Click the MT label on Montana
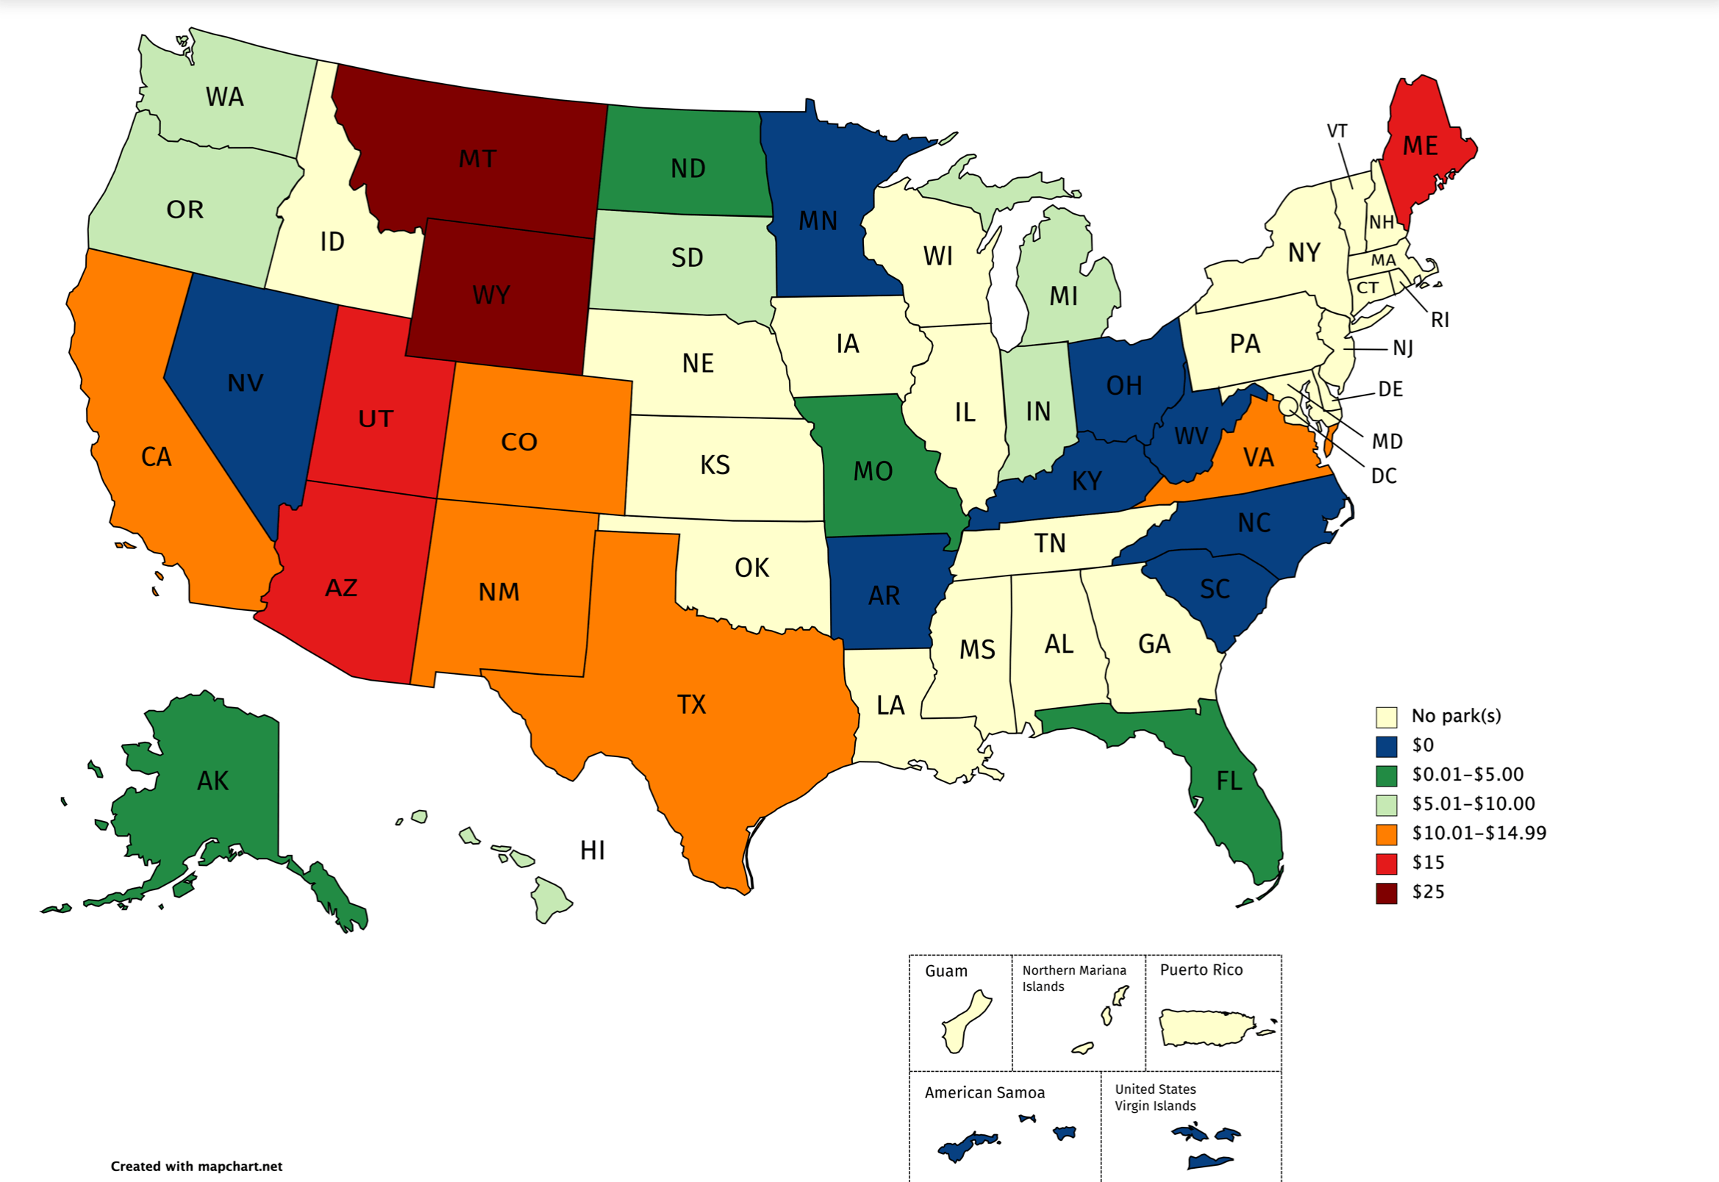click(x=478, y=159)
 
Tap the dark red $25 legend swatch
click(x=1386, y=893)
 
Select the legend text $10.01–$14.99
click(x=1479, y=833)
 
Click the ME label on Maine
click(x=1420, y=146)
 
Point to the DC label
click(x=1384, y=476)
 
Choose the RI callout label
click(x=1439, y=320)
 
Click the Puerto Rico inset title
click(x=1201, y=970)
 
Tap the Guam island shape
click(x=963, y=1022)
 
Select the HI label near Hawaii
click(x=592, y=850)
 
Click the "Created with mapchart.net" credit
click(x=196, y=1167)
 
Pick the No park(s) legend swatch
click(x=1386, y=717)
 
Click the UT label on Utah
click(x=376, y=419)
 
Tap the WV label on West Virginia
click(x=1191, y=436)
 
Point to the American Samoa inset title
click(x=984, y=1093)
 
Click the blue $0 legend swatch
click(x=1386, y=746)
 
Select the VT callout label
click(x=1336, y=131)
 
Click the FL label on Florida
click(x=1229, y=781)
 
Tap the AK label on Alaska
click(x=212, y=781)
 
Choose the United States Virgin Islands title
click(x=1154, y=1097)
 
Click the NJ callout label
click(x=1402, y=348)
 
